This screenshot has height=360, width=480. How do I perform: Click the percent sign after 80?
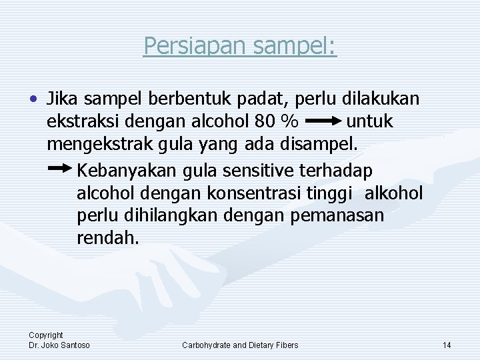tap(289, 123)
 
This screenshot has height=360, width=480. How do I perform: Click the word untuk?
tap(370, 123)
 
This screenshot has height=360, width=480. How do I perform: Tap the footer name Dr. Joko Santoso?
tap(59, 345)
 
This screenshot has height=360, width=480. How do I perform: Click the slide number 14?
tap(447, 345)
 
